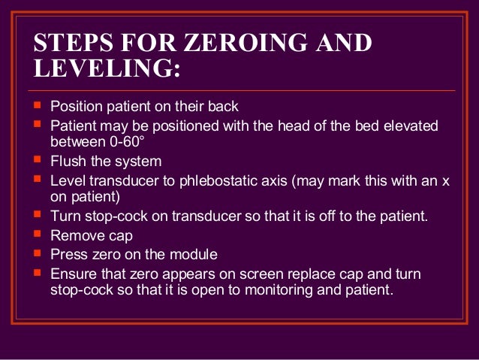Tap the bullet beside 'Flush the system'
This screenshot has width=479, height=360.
[38, 160]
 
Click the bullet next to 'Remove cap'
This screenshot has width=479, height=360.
[38, 235]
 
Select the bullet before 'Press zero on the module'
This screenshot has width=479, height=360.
[38, 254]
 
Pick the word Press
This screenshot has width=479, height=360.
[68, 255]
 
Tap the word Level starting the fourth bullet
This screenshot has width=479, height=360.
[68, 180]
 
